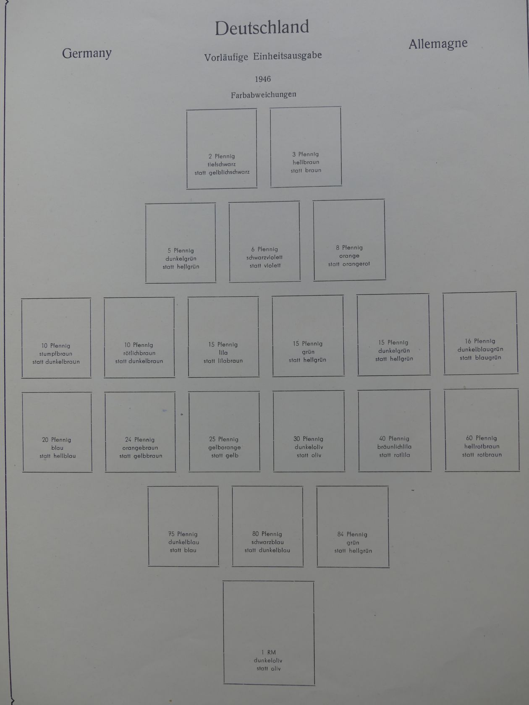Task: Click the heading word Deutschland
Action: pos(262,28)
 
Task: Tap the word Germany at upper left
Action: pos(86,53)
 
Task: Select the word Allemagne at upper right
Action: pos(438,44)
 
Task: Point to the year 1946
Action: pos(263,79)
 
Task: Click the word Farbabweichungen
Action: pos(263,95)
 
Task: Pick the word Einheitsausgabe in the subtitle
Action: pos(288,56)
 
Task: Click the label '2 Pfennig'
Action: pos(222,156)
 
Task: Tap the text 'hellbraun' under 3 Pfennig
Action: pos(306,162)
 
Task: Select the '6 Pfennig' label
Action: pos(264,249)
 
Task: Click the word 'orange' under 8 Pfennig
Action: pos(349,256)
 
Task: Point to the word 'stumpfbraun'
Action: pos(56,354)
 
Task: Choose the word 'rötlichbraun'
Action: pos(139,353)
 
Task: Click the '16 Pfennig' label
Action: pos(480,341)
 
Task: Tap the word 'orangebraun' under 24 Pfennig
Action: pos(140,448)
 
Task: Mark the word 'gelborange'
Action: pos(225,447)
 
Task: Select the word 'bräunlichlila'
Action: pos(394,446)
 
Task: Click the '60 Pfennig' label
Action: pos(481,438)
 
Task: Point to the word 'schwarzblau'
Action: pos(267,542)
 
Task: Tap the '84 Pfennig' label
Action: pos(352,534)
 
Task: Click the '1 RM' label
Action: pos(269,652)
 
